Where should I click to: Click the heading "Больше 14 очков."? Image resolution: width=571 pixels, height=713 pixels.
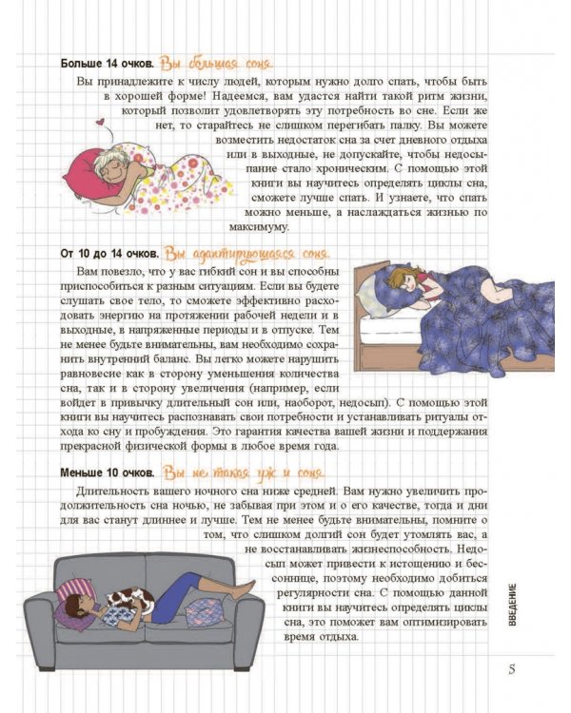pyautogui.click(x=107, y=64)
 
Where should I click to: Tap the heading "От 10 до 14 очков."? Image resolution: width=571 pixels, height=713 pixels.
pyautogui.click(x=109, y=253)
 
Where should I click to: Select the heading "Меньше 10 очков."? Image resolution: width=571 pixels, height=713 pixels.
pyautogui.click(x=108, y=472)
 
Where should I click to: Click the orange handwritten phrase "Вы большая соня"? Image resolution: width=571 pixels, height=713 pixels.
pyautogui.click(x=216, y=64)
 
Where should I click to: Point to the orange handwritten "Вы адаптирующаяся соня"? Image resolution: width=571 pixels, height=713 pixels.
pyautogui.click(x=246, y=254)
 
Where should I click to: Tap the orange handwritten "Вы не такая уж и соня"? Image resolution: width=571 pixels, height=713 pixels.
pyautogui.click(x=244, y=472)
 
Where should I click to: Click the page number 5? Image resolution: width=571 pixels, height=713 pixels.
pyautogui.click(x=512, y=669)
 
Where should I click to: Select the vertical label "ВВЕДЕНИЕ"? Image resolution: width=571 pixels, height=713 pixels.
pyautogui.click(x=512, y=605)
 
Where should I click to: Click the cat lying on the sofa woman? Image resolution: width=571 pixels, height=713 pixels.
pyautogui.click(x=129, y=600)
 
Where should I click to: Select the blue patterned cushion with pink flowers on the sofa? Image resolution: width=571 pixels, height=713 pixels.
pyautogui.click(x=204, y=611)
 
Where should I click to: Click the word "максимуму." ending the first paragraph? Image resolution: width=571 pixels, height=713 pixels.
pyautogui.click(x=259, y=227)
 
